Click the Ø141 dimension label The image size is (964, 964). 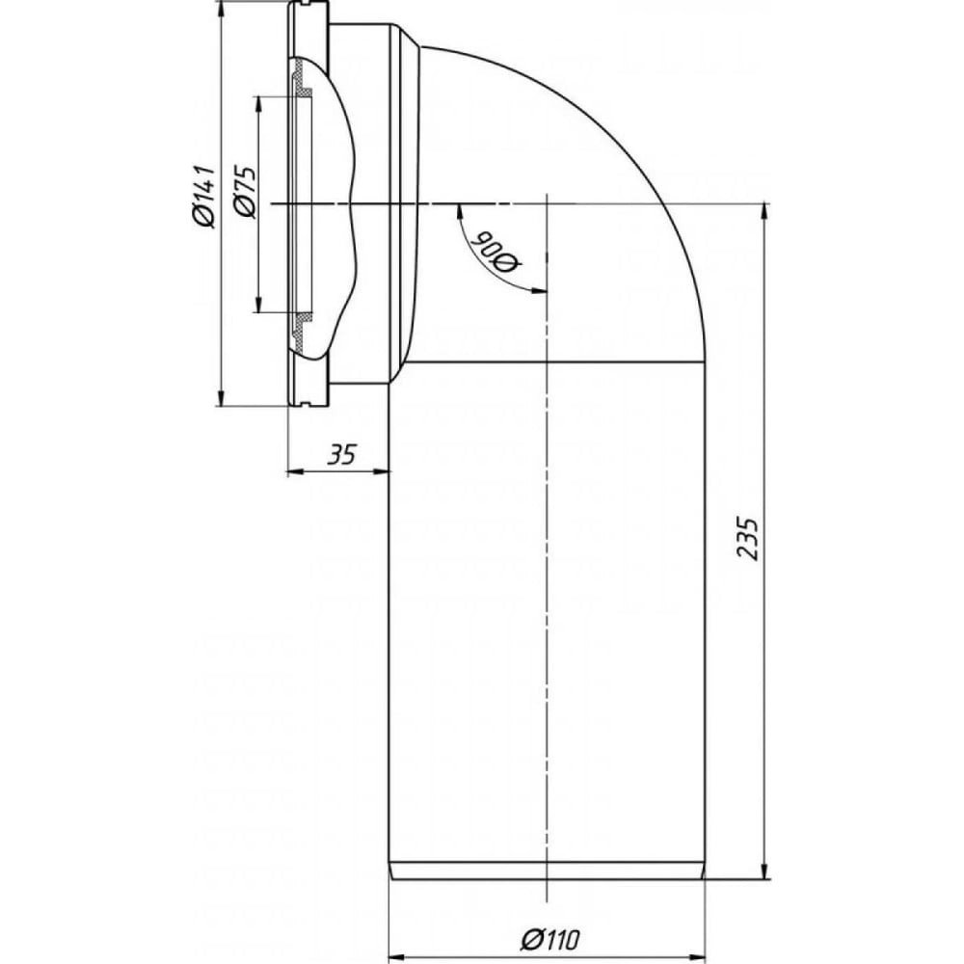pyautogui.click(x=203, y=196)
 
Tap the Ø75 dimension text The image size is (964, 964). pyautogui.click(x=245, y=191)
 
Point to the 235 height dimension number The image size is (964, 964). pyautogui.click(x=748, y=539)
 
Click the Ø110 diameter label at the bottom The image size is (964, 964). pyautogui.click(x=549, y=938)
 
